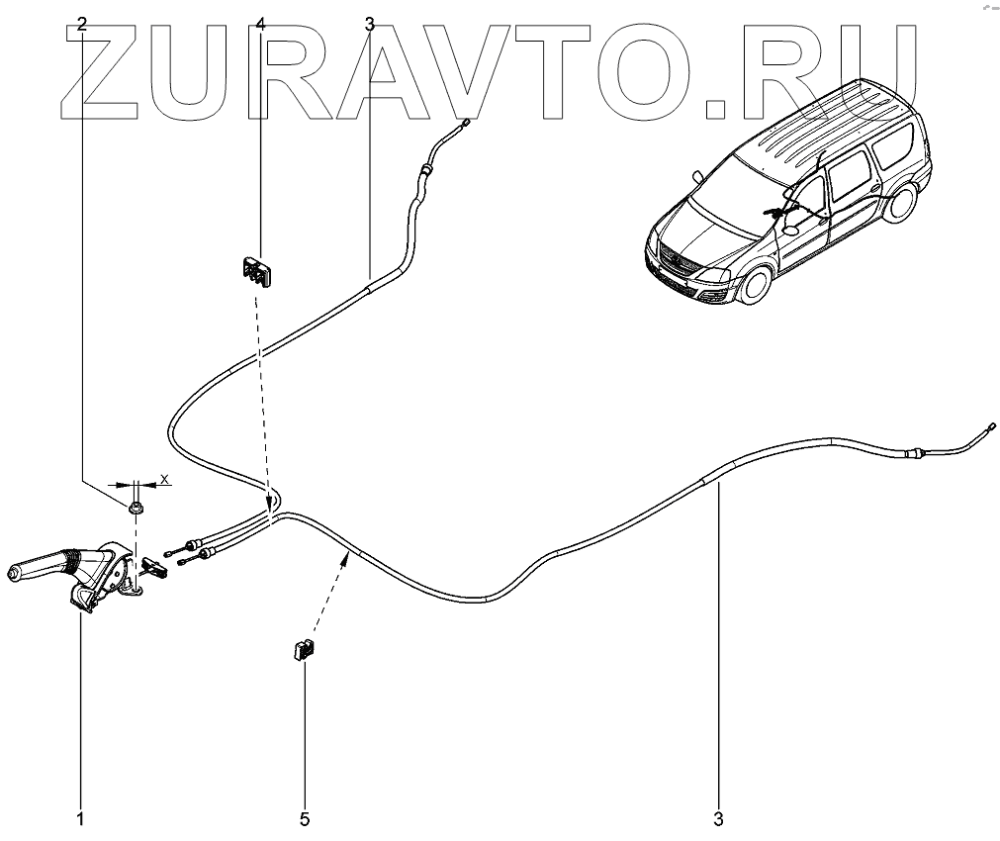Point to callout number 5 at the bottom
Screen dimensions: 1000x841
(x=305, y=819)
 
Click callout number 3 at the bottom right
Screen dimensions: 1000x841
(x=719, y=819)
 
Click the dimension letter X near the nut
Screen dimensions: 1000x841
(x=165, y=479)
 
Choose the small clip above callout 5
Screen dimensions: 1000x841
(x=301, y=650)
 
